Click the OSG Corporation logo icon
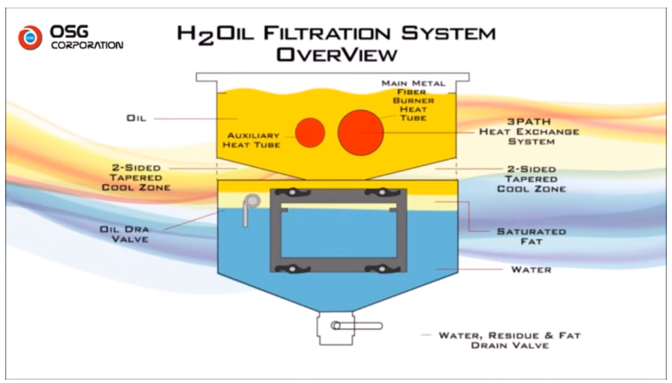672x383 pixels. click(x=32, y=37)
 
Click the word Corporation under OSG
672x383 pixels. click(x=87, y=45)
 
